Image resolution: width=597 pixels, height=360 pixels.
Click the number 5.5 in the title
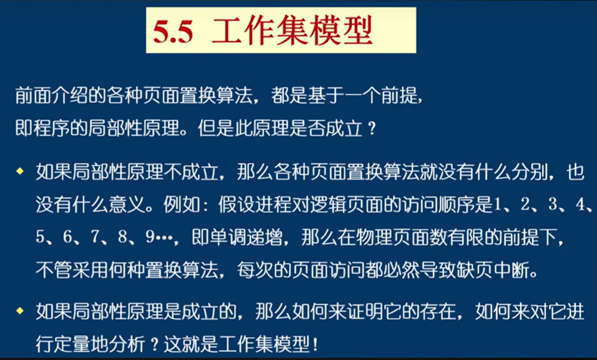pos(173,32)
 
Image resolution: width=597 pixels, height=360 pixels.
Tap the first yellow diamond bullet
pos(20,171)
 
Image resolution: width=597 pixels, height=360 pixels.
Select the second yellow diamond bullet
pos(20,310)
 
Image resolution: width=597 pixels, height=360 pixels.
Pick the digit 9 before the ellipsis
pos(150,237)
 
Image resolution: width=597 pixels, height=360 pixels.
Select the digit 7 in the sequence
pos(95,237)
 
